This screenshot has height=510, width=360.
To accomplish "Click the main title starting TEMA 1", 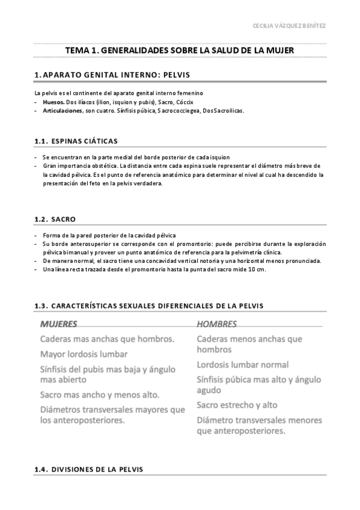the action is [180, 51].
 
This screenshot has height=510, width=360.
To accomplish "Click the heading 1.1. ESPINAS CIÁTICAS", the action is [76, 141].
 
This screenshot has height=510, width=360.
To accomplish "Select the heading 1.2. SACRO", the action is [55, 219].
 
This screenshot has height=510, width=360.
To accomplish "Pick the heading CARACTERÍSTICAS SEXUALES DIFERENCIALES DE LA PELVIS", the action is [149, 306].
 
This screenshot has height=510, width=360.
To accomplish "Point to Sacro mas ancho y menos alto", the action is [99, 395].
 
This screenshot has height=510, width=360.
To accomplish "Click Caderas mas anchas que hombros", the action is [107, 339].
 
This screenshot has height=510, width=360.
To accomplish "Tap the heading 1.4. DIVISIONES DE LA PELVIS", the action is [89, 470].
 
